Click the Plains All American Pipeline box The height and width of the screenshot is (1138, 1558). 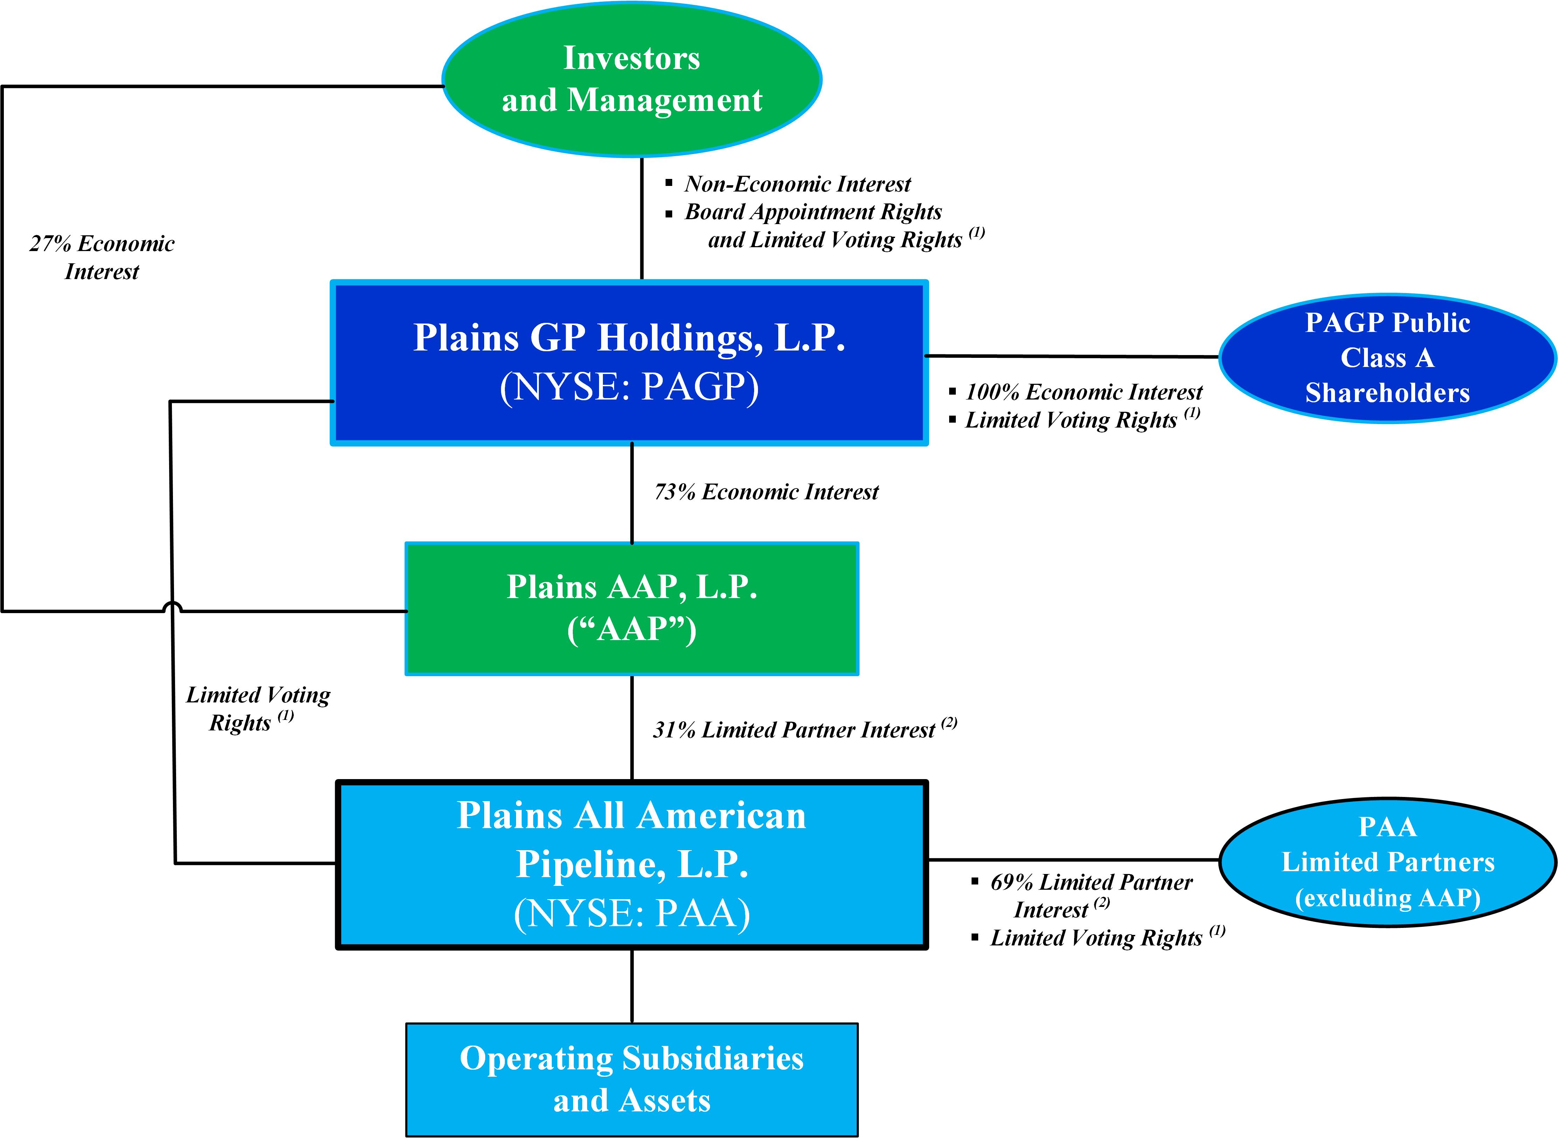632,865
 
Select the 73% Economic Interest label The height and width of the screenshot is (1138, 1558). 766,492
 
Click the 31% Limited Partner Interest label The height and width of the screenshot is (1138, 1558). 793,729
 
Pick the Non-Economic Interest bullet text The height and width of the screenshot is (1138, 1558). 797,184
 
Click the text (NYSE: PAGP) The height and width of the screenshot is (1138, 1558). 629,387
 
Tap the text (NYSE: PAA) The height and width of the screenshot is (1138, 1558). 632,914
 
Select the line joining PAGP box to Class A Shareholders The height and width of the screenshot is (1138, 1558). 1072,356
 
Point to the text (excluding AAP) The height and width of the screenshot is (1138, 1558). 1387,897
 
